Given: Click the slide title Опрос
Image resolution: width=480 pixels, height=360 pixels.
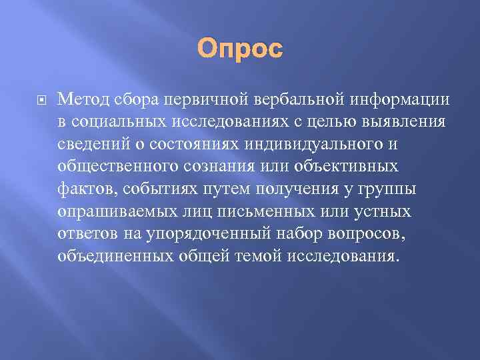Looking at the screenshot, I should coord(239,49).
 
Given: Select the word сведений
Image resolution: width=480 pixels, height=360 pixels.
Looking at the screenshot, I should coord(94,145).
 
